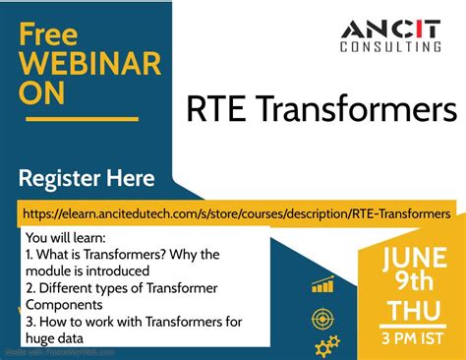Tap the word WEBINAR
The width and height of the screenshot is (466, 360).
coord(87,66)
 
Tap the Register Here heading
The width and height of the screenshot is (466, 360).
coord(87,179)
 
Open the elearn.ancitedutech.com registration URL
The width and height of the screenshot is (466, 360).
coord(235,212)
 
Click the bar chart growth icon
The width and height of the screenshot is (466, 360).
coord(323,285)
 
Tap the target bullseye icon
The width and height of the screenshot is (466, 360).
coord(322,319)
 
